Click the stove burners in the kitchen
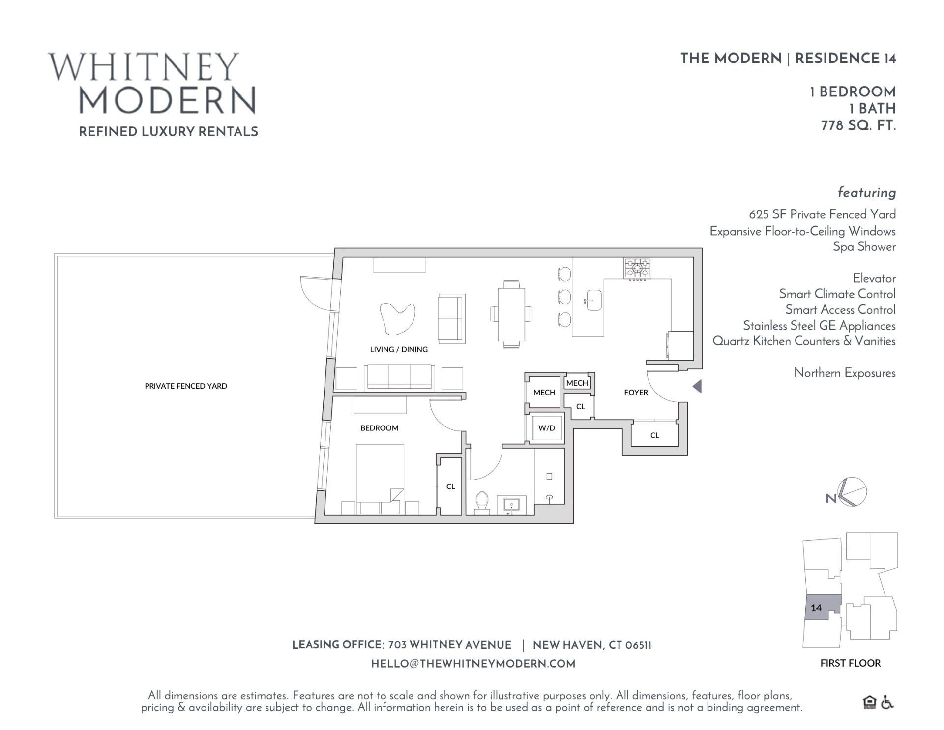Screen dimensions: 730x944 tap(638, 269)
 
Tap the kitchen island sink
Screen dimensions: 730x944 tap(593, 300)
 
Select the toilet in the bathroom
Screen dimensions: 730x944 tap(482, 502)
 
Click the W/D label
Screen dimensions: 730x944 tap(546, 428)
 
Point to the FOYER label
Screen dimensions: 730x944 tap(636, 393)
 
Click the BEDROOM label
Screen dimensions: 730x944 tap(379, 428)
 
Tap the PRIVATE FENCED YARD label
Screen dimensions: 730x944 tap(186, 386)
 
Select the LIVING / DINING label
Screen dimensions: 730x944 tap(399, 350)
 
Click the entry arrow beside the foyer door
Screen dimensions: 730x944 tap(697, 386)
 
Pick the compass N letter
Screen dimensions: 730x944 tap(831, 498)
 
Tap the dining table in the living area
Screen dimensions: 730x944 tap(511, 314)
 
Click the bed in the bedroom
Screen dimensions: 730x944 tap(380, 472)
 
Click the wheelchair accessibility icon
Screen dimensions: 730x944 tap(887, 702)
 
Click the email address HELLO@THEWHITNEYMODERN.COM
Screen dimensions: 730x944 tap(473, 664)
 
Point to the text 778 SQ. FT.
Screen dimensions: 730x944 tap(858, 126)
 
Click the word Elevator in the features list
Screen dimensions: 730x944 tap(874, 278)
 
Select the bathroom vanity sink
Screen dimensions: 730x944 tap(512, 505)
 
